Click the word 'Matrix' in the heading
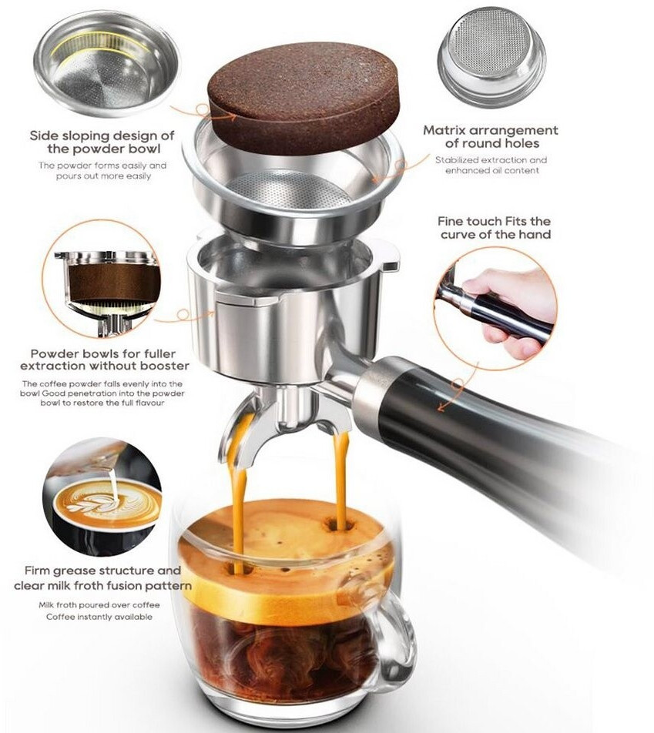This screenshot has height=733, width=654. tap(444, 130)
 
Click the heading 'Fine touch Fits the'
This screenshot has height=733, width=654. tap(494, 221)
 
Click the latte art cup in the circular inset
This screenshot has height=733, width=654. tap(106, 506)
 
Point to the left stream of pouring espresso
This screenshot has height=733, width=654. tap(238, 491)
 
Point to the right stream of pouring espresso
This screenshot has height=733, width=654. tap(340, 477)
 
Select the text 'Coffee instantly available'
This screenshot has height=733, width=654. tap(99, 617)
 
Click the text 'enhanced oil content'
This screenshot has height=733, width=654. tap(492, 171)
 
